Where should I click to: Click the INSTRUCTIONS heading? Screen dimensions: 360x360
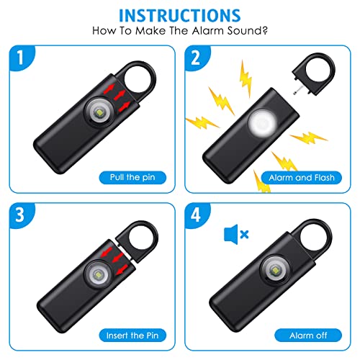179,16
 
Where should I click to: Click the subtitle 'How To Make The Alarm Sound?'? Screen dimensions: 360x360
179,33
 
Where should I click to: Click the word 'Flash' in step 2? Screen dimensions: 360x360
321,176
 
